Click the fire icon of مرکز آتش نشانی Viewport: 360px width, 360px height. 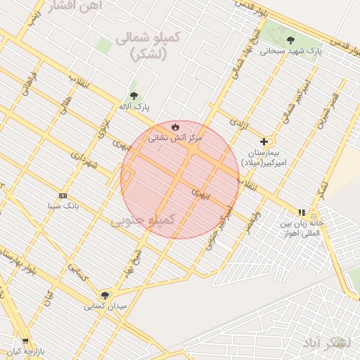[x=174, y=127]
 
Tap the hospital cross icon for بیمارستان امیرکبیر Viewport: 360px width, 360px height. [x=264, y=141]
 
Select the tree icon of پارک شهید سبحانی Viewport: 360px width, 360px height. [x=291, y=39]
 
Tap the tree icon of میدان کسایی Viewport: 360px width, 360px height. [x=105, y=295]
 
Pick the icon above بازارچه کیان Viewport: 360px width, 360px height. [x=26, y=340]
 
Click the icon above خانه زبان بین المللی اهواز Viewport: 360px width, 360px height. [x=302, y=212]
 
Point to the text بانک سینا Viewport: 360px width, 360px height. [x=63, y=206]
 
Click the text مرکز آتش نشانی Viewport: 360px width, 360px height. [x=174, y=139]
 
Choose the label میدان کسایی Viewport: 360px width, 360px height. [x=105, y=307]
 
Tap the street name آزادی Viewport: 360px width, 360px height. [x=240, y=125]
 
